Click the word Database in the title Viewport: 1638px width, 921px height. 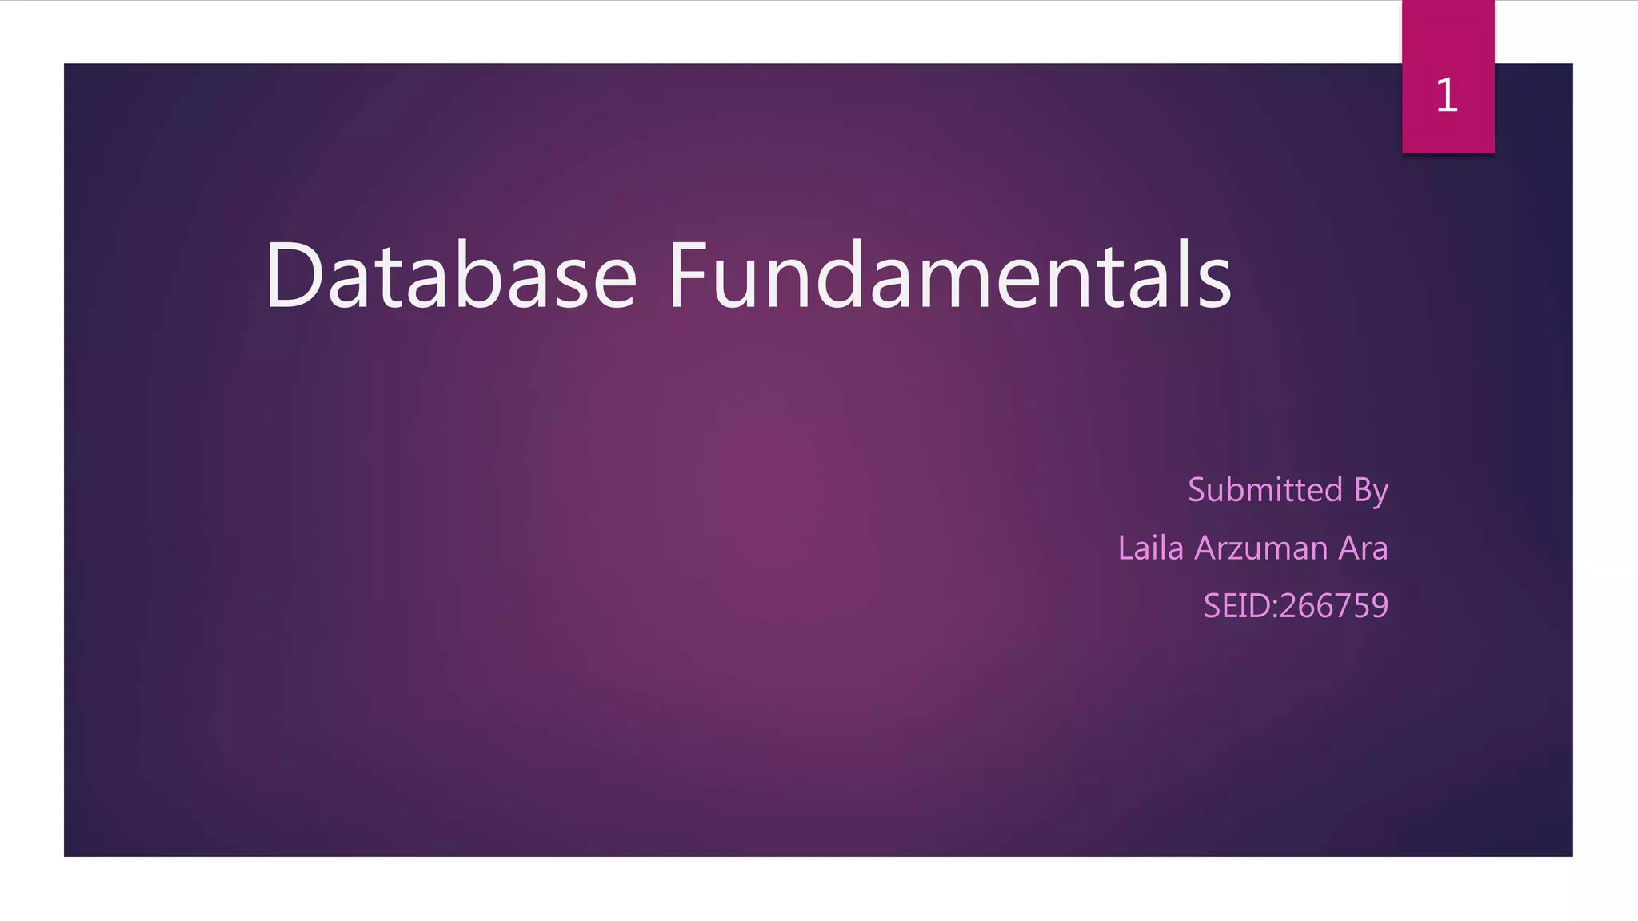point(451,275)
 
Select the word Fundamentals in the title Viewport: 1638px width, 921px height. point(949,275)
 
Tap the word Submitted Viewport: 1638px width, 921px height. point(1264,489)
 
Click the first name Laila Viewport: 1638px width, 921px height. point(1150,548)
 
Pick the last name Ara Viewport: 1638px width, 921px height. point(1364,548)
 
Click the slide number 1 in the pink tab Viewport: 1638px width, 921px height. point(1447,96)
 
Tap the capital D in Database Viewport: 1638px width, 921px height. point(293,275)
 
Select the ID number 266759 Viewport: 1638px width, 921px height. point(1334,606)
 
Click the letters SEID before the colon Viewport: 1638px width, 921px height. point(1236,606)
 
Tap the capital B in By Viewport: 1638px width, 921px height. point(1362,489)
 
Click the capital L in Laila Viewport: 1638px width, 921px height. point(1125,548)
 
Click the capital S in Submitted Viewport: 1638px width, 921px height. point(1197,489)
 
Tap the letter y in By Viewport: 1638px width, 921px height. point(1380,494)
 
